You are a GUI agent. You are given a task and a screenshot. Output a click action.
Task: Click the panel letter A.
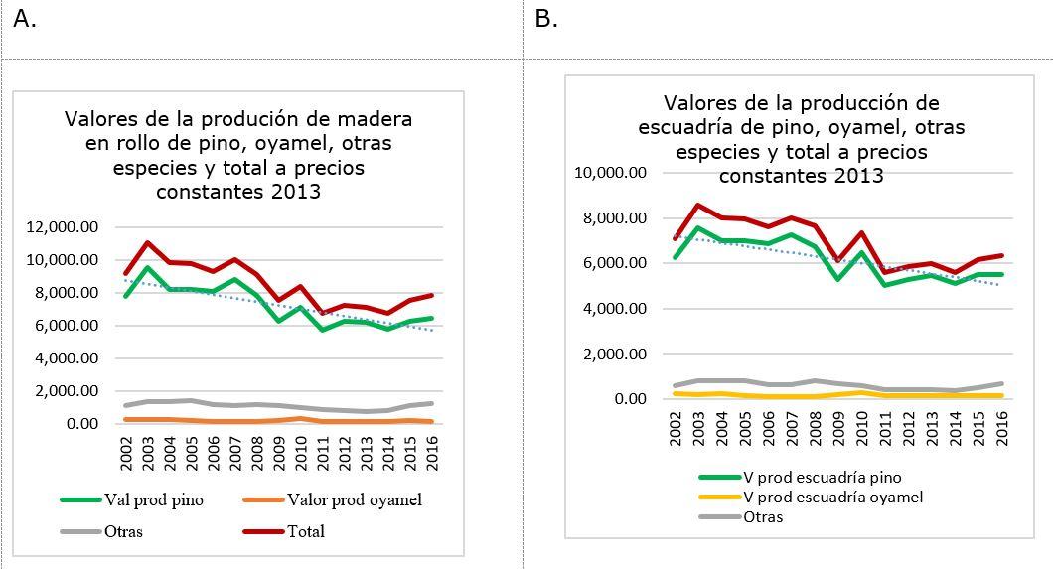pyautogui.click(x=24, y=19)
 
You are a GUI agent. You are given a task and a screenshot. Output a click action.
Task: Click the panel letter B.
pyautogui.click(x=545, y=19)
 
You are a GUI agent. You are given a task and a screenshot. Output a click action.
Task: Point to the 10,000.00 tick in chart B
pyautogui.click(x=611, y=173)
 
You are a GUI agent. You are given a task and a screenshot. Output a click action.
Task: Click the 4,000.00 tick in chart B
pyautogui.click(x=615, y=309)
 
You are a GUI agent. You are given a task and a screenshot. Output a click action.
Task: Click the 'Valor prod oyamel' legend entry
pyautogui.click(x=359, y=500)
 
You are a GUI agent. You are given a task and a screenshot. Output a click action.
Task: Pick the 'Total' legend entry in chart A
pyautogui.click(x=307, y=531)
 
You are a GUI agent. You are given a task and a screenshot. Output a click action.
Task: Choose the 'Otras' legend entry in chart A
pyautogui.click(x=123, y=531)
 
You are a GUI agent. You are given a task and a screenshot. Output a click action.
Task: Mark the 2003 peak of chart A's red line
pyautogui.click(x=148, y=242)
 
